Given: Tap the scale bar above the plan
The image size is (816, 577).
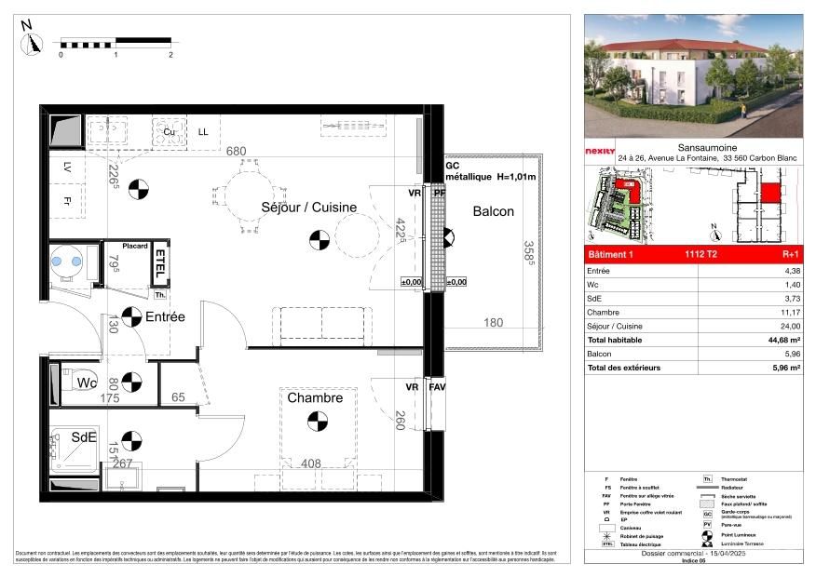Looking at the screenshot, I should point(116,42).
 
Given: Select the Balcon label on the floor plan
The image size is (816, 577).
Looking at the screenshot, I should point(493,211).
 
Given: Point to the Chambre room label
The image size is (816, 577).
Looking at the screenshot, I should point(314,397).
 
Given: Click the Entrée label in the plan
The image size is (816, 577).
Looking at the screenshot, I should point(165,316).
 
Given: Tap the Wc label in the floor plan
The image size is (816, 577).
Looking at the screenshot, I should point(88,382).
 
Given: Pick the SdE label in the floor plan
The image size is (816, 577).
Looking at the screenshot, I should point(85,437).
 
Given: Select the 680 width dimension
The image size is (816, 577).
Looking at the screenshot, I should point(237,151).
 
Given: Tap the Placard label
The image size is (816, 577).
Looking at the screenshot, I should point(129,246).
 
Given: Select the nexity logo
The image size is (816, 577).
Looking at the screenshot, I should point(599,151).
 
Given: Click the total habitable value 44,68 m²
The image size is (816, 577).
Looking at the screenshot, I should point(782,341).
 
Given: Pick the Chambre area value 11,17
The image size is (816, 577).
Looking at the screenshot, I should point(788,313).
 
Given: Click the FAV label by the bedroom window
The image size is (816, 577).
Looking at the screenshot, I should point(437,386).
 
